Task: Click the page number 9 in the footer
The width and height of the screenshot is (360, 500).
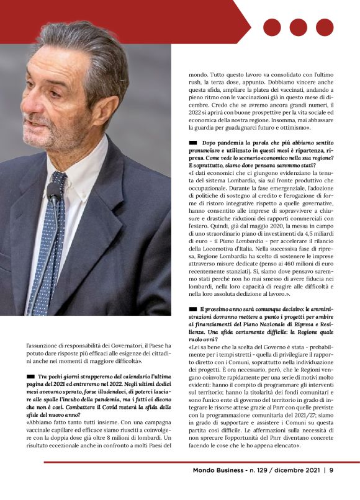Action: coord(331,470)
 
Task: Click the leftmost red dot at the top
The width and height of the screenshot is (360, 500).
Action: coord(272,27)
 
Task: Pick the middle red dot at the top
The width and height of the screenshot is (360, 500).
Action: coord(299,27)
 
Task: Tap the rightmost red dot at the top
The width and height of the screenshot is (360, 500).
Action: coord(325,27)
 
